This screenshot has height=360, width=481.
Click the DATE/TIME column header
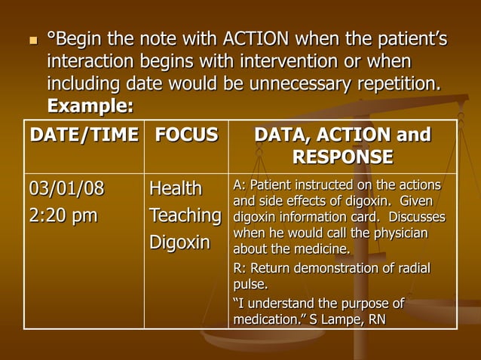pyautogui.click(x=84, y=136)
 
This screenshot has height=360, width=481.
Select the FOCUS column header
pyautogui.click(x=186, y=136)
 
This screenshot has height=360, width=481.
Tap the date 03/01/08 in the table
pyautogui.click(x=66, y=188)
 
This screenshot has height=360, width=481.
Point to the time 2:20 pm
pyautogui.click(x=63, y=216)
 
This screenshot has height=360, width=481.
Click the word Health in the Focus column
pyautogui.click(x=176, y=188)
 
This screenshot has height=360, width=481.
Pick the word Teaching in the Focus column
pyautogui.click(x=185, y=216)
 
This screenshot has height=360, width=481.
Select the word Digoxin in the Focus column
pyautogui.click(x=179, y=243)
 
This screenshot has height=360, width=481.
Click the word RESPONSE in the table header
pyautogui.click(x=343, y=157)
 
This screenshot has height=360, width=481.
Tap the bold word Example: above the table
pyautogui.click(x=90, y=106)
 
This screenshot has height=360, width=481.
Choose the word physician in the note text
pyautogui.click(x=401, y=233)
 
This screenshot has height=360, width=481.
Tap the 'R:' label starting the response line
pyautogui.click(x=238, y=269)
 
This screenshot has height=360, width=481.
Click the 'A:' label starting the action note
pyautogui.click(x=238, y=185)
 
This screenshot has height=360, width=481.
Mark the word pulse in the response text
pyautogui.click(x=250, y=285)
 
